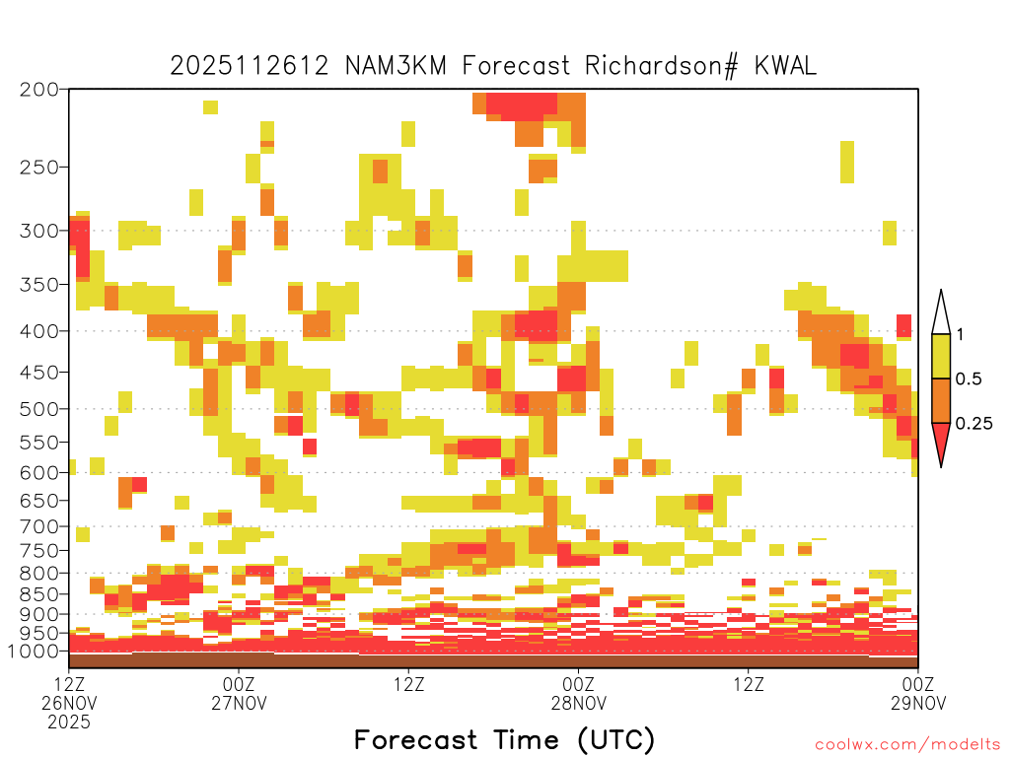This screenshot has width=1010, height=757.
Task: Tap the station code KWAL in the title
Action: coord(785,66)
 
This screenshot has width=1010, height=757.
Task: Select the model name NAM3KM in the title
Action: coord(397,66)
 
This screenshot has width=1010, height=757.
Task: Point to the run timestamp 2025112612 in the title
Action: coord(250,66)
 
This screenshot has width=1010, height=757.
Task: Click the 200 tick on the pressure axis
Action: coord(39,90)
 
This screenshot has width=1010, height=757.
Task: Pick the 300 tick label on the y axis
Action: coord(39,231)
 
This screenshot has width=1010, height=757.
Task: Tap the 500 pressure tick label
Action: coord(39,409)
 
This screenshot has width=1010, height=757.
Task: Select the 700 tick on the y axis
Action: coord(39,526)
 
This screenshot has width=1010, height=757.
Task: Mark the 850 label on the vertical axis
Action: coord(39,594)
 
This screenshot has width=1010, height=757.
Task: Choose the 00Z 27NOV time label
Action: coord(239,693)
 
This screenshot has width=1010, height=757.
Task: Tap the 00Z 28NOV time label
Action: coord(578,693)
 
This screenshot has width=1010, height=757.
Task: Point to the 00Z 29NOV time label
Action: coord(918,693)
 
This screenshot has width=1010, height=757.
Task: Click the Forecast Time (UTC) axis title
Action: coord(504,740)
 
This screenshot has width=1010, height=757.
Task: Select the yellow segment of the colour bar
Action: coord(941,356)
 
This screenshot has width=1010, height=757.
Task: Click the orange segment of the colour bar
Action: coord(941,400)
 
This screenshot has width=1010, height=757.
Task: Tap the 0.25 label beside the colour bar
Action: coord(974,423)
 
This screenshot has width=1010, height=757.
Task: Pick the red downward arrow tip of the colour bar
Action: coord(941,466)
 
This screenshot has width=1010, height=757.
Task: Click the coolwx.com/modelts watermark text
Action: coord(907,745)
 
